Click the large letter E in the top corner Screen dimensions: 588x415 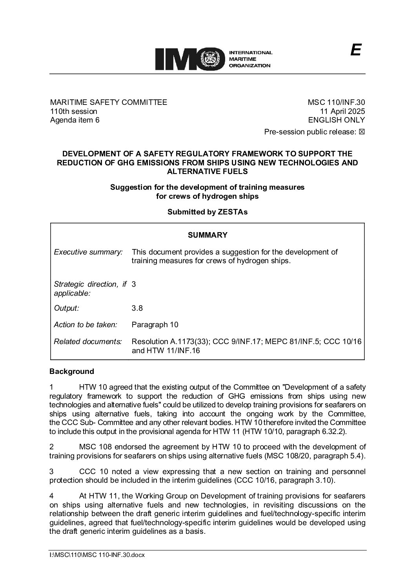(x=355, y=50)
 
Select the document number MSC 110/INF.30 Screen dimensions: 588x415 (x=336, y=103)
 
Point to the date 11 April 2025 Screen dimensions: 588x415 (x=343, y=111)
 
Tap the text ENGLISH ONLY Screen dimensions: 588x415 (x=337, y=120)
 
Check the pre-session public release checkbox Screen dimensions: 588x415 (x=362, y=132)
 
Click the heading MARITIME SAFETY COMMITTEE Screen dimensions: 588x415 (x=108, y=103)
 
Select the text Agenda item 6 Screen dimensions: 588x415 (x=75, y=120)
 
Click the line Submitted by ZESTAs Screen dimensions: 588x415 (x=207, y=212)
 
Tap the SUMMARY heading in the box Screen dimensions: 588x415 (x=207, y=235)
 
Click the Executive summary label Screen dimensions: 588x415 (x=88, y=252)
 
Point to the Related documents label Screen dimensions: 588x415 (x=87, y=342)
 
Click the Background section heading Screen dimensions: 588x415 (x=72, y=372)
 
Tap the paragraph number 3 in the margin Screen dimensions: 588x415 (x=51, y=471)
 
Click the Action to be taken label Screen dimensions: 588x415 (x=86, y=325)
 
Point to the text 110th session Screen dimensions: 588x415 (x=73, y=111)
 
